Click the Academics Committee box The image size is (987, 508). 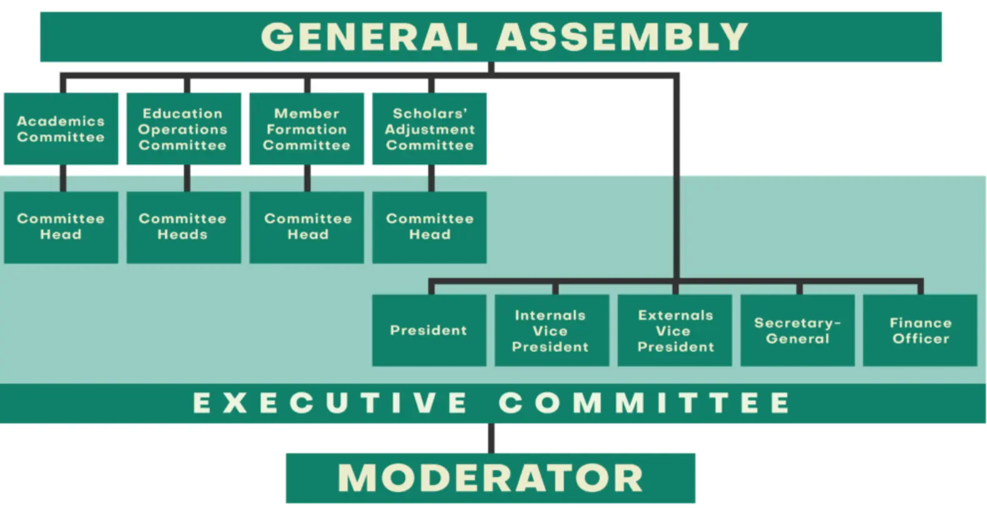click(61, 129)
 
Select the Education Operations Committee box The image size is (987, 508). click(184, 129)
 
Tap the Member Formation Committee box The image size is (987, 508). click(307, 129)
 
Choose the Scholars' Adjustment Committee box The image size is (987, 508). click(430, 129)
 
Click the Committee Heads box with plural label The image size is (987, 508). click(184, 227)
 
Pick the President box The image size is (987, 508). click(430, 330)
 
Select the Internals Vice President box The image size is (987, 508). click(552, 330)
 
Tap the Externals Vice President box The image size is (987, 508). click(675, 330)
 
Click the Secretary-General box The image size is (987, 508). click(798, 330)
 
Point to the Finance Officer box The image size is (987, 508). click(920, 330)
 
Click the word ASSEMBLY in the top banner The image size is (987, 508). click(622, 37)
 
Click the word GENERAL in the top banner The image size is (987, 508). click(369, 37)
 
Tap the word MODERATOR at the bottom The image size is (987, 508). click(490, 478)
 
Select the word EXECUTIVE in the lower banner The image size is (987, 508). click(330, 403)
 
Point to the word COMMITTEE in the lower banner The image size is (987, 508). click(644, 403)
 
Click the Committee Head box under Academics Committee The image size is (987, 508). click(61, 227)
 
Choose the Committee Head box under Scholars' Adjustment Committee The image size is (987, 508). click(430, 227)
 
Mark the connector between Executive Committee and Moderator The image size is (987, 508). click(491, 439)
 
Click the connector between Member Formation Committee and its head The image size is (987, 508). click(307, 178)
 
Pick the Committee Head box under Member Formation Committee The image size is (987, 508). click(307, 227)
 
